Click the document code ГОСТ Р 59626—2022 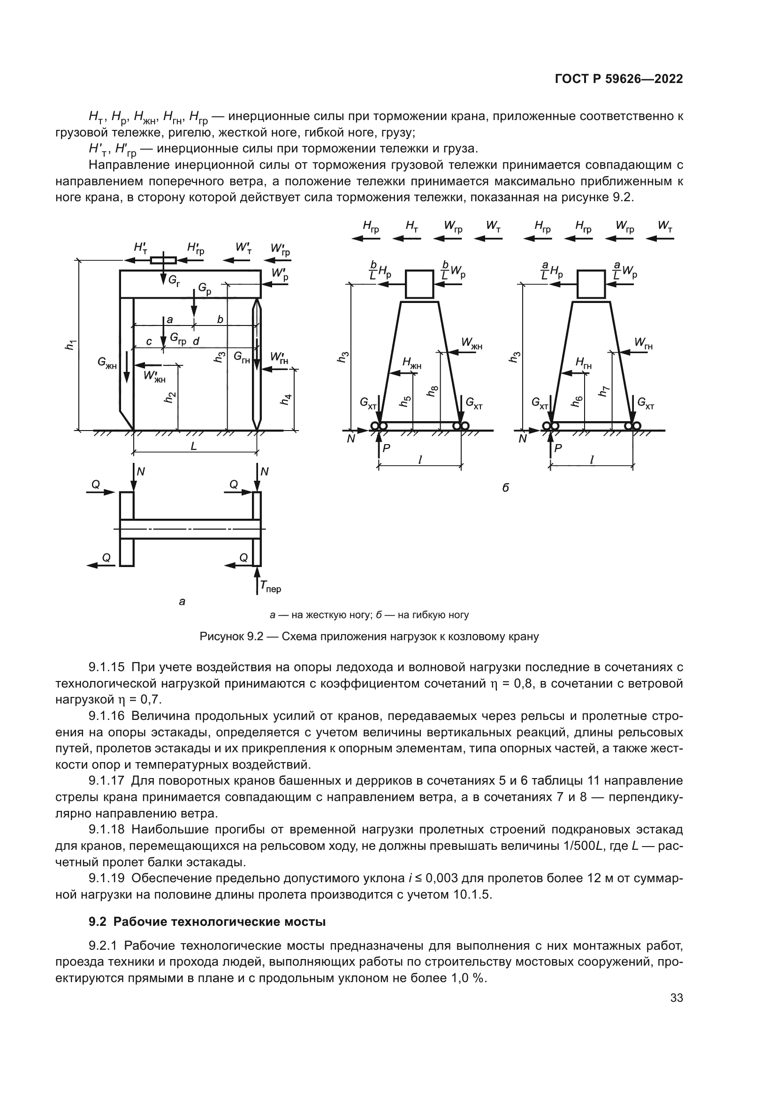618,79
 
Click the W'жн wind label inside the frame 154,377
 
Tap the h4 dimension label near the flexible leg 285,400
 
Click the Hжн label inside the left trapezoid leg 411,363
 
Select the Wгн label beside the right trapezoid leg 643,342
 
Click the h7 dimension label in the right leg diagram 603,391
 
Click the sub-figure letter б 506,488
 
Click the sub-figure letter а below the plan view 182,602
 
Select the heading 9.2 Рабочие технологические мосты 207,922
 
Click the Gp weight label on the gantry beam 205,289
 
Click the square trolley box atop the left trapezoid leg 419,284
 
